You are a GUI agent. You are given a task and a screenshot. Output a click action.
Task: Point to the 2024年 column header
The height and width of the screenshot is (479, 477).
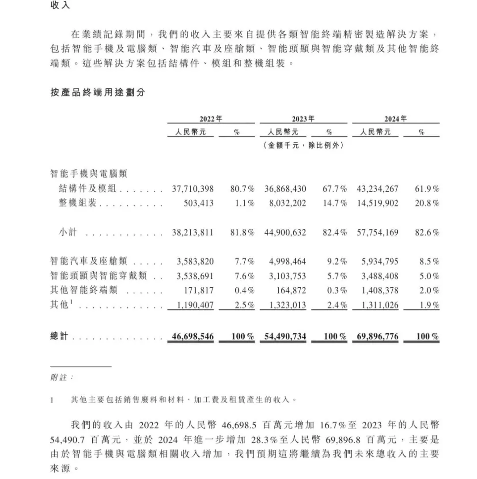pos(395,119)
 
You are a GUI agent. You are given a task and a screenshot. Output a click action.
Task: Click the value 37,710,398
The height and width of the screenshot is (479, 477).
pos(193,189)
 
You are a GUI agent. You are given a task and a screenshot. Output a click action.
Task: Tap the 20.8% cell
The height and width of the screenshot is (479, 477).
pos(427,203)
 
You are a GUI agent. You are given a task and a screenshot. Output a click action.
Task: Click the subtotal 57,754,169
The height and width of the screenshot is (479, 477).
pos(378,232)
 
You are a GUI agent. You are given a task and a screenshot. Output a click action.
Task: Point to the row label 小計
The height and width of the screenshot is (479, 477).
pos(68,232)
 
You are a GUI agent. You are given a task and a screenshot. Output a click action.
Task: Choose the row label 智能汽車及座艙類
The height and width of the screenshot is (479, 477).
pos(88,262)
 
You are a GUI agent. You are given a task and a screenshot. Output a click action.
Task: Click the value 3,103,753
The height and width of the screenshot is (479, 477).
pos(287,276)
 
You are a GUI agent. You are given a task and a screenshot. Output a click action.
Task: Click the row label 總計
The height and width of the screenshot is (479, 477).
pos(60,337)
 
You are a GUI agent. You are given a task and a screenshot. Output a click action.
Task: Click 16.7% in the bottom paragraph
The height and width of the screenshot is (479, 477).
pos(332,425)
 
